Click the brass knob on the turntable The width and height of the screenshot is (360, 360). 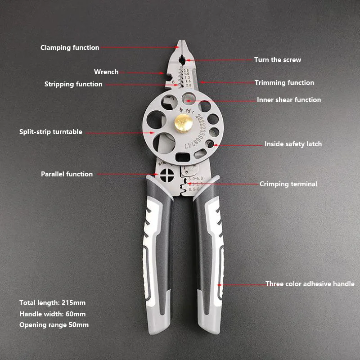[183, 121]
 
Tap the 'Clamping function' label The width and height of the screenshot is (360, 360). [70, 48]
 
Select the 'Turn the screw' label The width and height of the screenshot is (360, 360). [278, 60]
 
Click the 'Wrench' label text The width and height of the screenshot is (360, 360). [106, 72]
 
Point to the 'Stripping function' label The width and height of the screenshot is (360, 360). [73, 84]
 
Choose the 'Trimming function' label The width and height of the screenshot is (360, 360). [284, 83]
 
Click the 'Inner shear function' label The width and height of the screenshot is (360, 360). [289, 100]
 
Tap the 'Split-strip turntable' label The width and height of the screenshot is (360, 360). [51, 132]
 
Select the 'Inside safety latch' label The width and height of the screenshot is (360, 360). [293, 144]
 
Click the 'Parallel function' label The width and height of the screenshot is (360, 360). [67, 174]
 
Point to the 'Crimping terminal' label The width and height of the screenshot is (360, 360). [288, 184]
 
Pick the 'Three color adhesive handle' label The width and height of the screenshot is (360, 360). [310, 284]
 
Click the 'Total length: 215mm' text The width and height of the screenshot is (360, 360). [52, 303]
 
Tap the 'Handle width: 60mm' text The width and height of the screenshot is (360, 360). [52, 314]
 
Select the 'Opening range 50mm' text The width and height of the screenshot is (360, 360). [54, 325]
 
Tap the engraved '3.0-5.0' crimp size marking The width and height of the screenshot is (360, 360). [197, 180]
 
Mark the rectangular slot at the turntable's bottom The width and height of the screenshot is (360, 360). [182, 157]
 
